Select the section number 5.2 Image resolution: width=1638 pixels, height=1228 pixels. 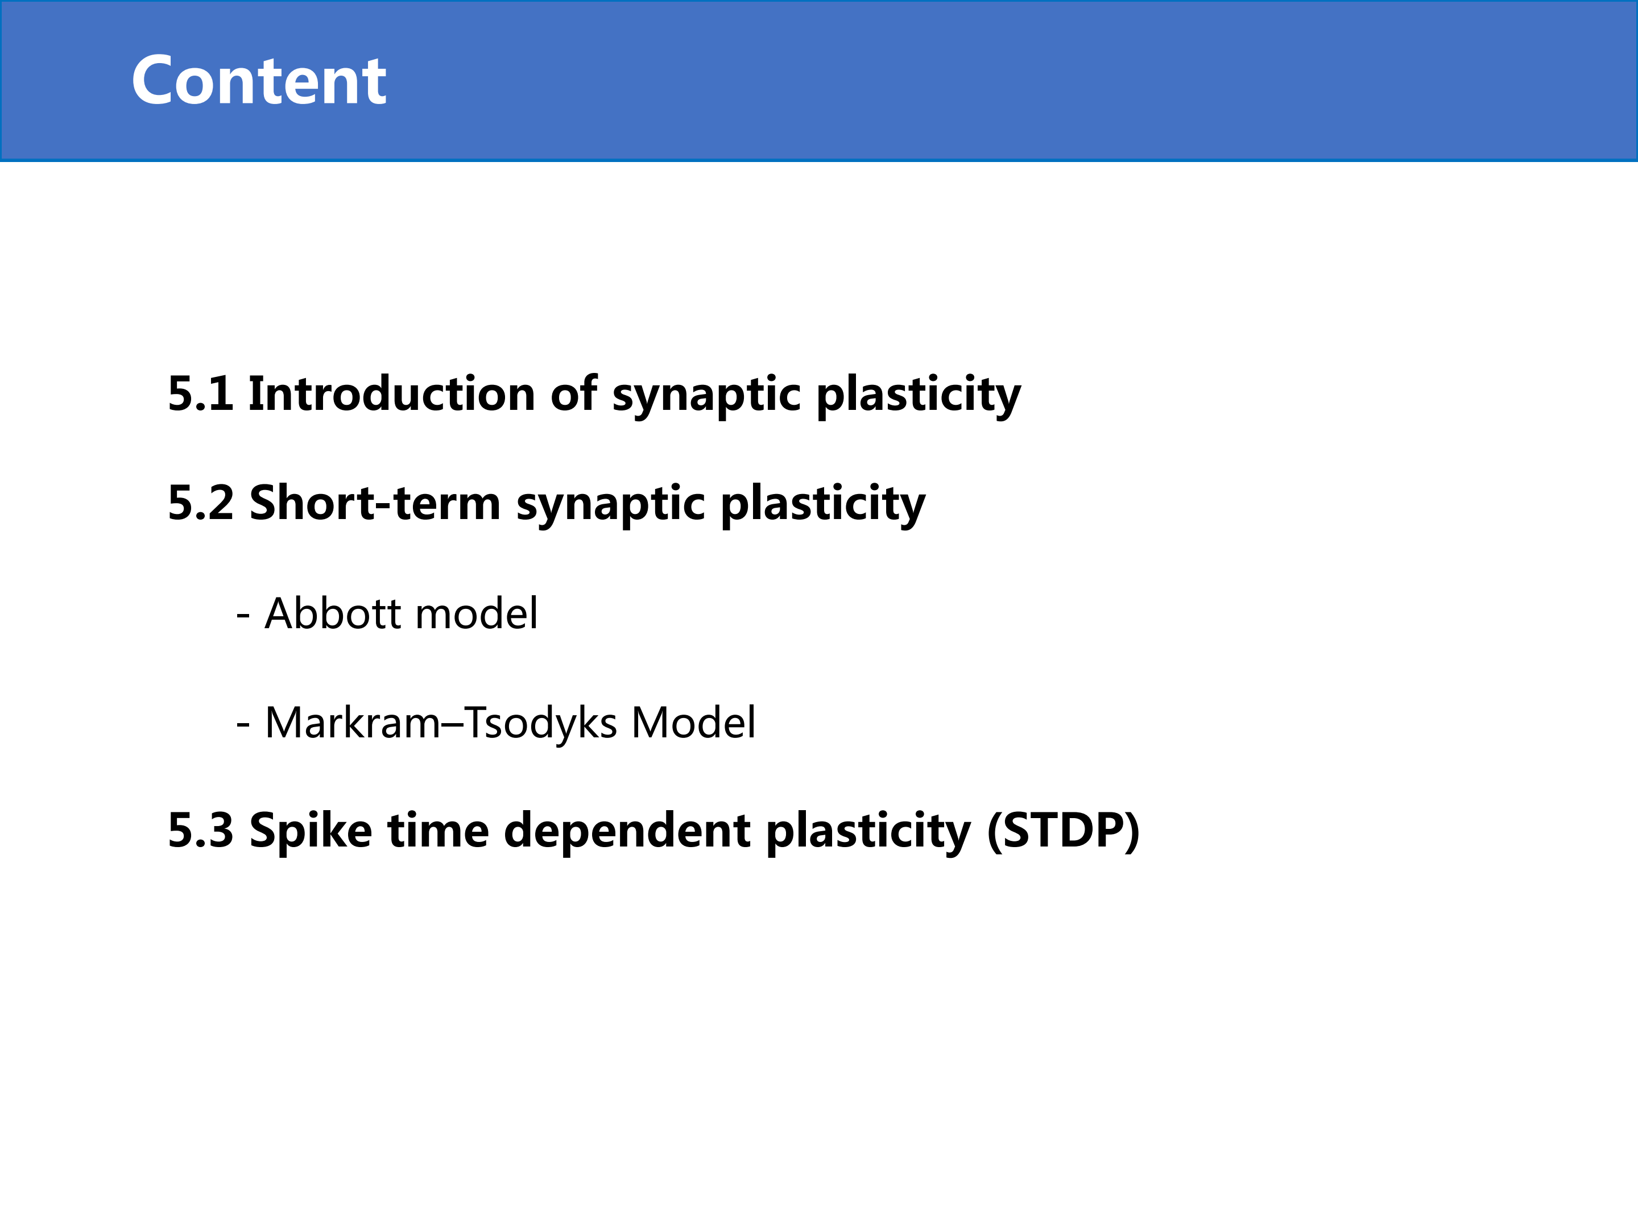pos(201,503)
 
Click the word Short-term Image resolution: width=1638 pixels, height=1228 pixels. pos(375,503)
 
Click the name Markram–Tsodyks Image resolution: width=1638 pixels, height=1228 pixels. pos(441,723)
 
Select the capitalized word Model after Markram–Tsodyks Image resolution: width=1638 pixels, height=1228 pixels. pos(694,723)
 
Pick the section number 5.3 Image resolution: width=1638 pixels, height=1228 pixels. pos(201,830)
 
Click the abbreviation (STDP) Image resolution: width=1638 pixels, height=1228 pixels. pos(1064,832)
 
